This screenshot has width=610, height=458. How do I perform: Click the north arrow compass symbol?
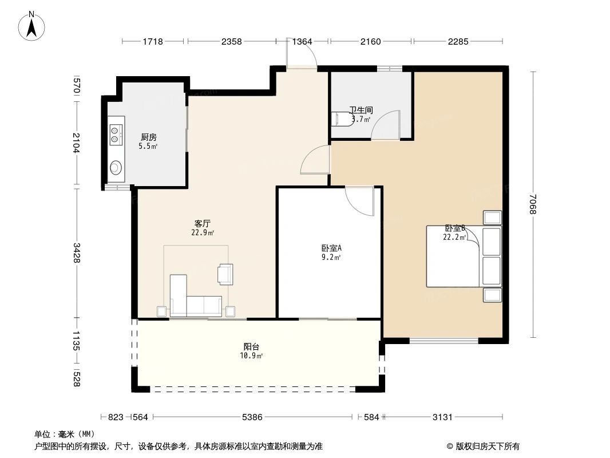[31, 26]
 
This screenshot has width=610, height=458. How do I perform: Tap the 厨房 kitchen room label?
[149, 137]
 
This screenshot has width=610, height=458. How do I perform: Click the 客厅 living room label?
[203, 224]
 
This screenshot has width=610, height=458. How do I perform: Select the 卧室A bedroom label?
[331, 248]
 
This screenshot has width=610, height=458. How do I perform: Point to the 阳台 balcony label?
[251, 347]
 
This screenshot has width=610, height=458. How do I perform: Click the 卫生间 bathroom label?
[361, 110]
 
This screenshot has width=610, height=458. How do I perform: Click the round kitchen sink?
[116, 168]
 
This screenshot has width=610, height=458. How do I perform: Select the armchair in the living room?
[225, 274]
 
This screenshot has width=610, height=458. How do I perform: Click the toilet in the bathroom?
[341, 119]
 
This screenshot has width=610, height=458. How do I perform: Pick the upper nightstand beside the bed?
[492, 218]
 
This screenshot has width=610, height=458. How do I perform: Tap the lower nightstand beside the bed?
[492, 295]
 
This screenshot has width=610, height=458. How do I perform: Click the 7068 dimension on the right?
[533, 204]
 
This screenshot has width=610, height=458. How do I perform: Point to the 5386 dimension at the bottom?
[252, 417]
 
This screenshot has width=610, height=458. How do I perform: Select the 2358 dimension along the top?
[232, 41]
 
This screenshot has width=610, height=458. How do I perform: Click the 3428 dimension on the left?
[76, 253]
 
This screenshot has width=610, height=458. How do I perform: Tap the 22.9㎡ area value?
[203, 233]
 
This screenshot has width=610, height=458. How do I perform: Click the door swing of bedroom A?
[359, 201]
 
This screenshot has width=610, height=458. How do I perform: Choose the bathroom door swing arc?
[385, 125]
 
